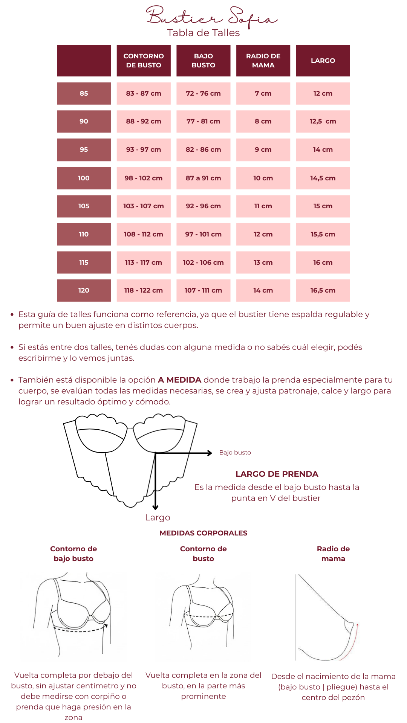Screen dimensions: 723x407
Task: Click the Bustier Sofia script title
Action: click(x=211, y=17)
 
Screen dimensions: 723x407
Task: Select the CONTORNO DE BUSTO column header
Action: click(x=144, y=61)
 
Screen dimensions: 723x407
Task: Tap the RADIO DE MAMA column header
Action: click(x=263, y=61)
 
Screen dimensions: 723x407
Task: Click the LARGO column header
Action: click(x=323, y=61)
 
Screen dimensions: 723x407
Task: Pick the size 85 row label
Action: click(x=84, y=93)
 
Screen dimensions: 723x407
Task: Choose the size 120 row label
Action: click(x=84, y=290)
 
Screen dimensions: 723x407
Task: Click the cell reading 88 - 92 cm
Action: click(x=144, y=121)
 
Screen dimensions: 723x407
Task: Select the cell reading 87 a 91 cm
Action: click(x=203, y=178)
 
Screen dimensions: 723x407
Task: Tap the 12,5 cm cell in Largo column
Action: click(x=323, y=121)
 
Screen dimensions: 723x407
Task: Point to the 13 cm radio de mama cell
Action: click(x=263, y=262)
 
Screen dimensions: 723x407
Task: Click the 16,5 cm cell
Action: click(x=323, y=290)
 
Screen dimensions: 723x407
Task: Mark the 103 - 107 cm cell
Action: click(x=144, y=206)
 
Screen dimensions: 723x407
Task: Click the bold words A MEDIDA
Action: click(x=179, y=380)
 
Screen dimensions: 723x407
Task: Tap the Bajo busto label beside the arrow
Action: click(x=235, y=453)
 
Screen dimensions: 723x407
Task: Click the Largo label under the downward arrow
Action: click(x=158, y=517)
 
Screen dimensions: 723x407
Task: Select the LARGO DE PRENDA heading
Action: click(x=277, y=474)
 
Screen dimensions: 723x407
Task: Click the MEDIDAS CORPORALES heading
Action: click(x=203, y=533)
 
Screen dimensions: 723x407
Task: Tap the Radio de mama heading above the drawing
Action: click(x=333, y=554)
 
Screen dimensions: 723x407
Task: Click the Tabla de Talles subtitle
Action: click(x=203, y=33)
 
